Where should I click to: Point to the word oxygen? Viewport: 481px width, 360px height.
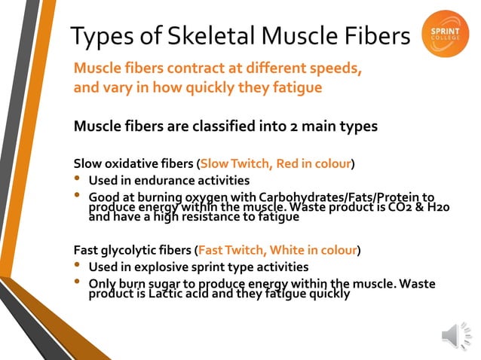click(x=197, y=198)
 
